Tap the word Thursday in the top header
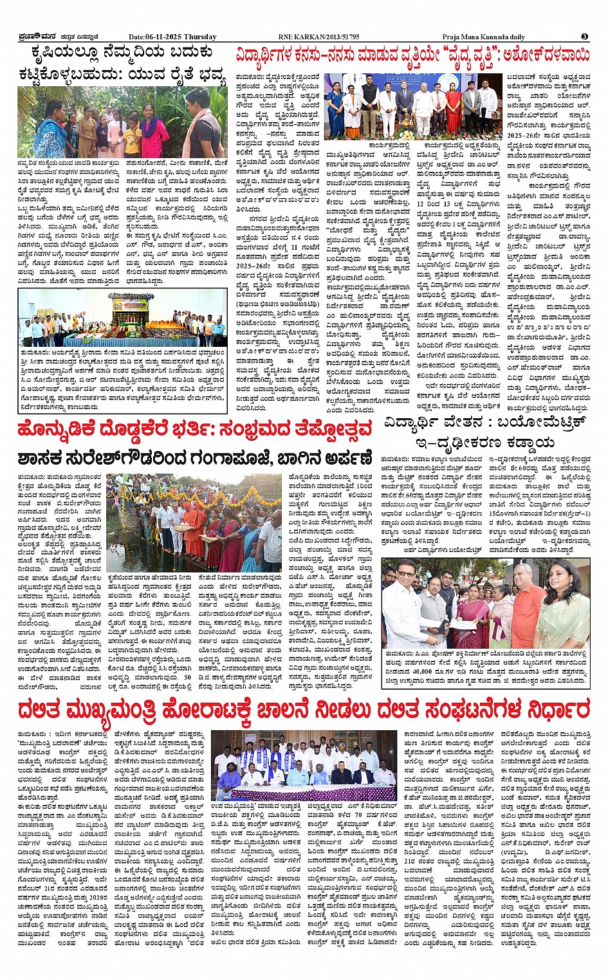tap(201, 37)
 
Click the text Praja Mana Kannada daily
tap(483, 37)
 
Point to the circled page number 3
tap(584, 37)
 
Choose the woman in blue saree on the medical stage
tap(336, 113)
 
